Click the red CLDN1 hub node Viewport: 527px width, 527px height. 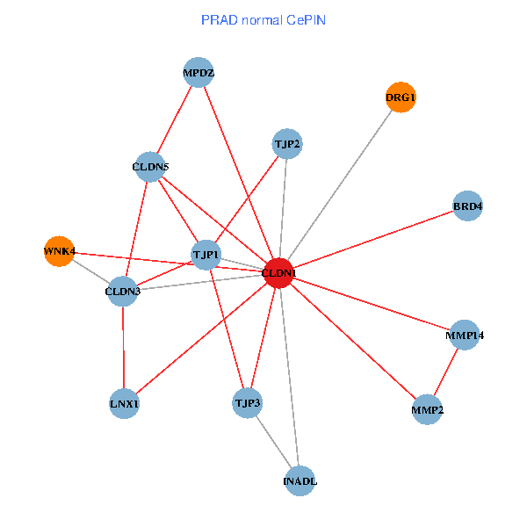278,273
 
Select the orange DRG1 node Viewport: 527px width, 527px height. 401,97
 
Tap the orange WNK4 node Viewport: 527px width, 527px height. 59,251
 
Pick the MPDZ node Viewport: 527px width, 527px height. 199,72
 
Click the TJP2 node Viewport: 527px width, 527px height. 287,144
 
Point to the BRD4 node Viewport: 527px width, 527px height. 468,206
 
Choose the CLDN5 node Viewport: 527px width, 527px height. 150,166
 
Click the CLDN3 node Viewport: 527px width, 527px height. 123,291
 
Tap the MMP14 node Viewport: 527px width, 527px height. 465,336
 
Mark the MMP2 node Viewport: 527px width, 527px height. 427,409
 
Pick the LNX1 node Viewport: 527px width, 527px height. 125,404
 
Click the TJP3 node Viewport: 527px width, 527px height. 248,403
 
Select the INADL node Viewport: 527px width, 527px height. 300,481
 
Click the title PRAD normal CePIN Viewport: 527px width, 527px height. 263,19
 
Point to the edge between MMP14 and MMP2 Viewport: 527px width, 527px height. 446,372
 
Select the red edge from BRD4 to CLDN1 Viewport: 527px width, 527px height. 373,240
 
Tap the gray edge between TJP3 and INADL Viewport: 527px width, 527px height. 274,442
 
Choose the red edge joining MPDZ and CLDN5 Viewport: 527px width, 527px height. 175,119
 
